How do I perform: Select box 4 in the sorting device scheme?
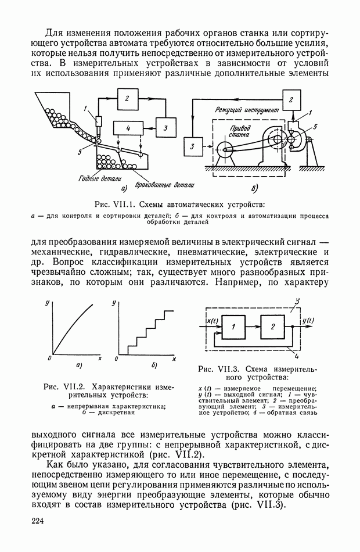point(128,127)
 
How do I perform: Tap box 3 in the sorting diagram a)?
point(165,127)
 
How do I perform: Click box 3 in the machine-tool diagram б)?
point(192,147)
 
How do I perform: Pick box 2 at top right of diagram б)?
point(291,99)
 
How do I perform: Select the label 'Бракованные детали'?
point(163,185)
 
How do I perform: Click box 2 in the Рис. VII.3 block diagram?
point(272,327)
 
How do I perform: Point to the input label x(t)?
point(211,320)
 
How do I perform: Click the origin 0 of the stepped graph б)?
point(117,359)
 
